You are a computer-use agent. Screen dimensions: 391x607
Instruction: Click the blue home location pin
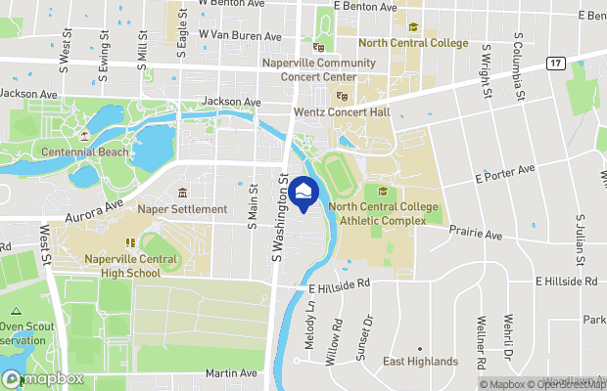[x=305, y=193]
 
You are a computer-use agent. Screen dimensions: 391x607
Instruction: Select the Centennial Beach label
[x=84, y=152]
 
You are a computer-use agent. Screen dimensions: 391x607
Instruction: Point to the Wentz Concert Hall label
[x=342, y=112]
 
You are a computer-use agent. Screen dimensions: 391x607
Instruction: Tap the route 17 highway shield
[x=555, y=64]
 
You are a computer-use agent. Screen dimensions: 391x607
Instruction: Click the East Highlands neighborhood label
[x=420, y=362]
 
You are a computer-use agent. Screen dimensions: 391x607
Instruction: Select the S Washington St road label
[x=280, y=205]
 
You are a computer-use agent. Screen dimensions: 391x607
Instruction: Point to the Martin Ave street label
[x=231, y=372]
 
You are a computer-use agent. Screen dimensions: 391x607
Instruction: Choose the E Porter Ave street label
[x=504, y=174]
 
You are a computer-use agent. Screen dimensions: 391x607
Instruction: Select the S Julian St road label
[x=581, y=240]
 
